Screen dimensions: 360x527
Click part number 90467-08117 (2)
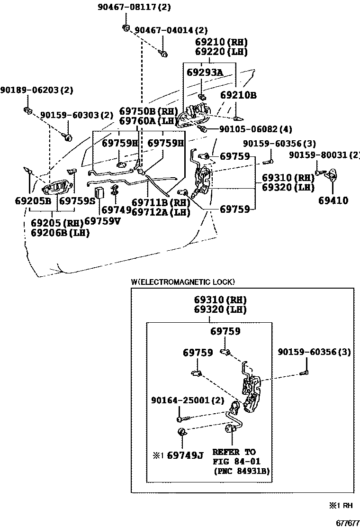134,7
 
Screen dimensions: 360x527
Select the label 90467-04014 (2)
171,30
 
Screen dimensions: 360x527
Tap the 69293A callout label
205,72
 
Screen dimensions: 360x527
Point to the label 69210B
238,95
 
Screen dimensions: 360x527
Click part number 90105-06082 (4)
256,129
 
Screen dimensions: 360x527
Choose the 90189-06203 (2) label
36,90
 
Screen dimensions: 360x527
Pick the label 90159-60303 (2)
77,115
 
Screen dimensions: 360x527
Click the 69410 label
333,200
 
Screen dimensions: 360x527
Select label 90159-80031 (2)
324,155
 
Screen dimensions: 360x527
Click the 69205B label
33,201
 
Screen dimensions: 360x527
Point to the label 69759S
78,201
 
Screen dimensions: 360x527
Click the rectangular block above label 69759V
99,192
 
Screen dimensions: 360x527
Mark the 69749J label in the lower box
185,455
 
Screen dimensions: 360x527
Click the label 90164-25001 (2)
188,400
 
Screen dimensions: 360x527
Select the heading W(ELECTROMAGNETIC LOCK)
183,282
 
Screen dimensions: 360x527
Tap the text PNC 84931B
242,471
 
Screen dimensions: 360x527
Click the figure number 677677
348,523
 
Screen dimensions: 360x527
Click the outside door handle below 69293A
193,115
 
